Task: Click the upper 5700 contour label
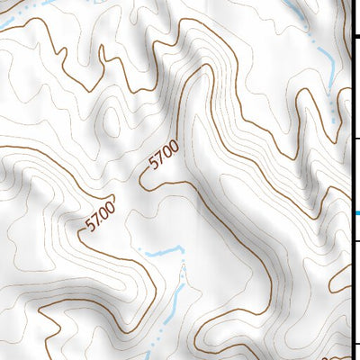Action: click(x=165, y=157)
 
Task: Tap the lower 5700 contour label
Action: click(x=101, y=217)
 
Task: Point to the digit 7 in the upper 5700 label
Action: click(x=161, y=160)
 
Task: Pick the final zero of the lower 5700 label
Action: click(x=110, y=209)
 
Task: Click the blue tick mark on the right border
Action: click(x=356, y=213)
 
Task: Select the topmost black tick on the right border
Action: click(x=355, y=36)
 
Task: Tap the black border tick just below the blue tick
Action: click(x=355, y=240)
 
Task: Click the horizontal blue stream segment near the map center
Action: click(x=162, y=253)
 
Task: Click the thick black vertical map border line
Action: click(x=350, y=180)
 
